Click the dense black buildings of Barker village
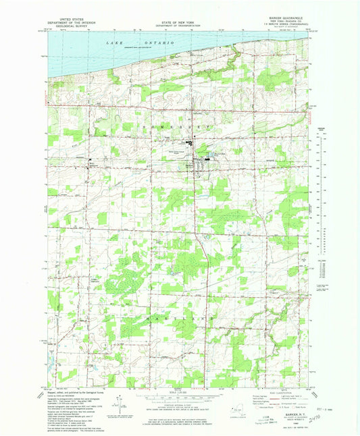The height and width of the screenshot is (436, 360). click(199, 161)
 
